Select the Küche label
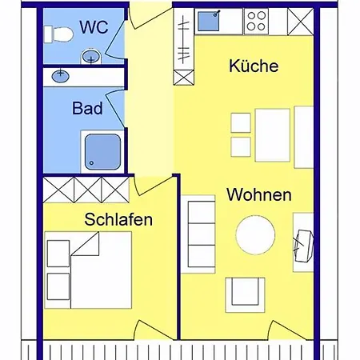(x=253, y=66)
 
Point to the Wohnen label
(x=258, y=194)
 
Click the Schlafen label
(x=118, y=218)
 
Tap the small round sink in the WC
(x=91, y=55)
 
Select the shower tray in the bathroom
(x=101, y=150)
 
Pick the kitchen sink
(x=210, y=20)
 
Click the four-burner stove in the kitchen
(x=258, y=20)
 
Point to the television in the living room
(x=303, y=244)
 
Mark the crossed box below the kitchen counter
(x=185, y=78)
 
